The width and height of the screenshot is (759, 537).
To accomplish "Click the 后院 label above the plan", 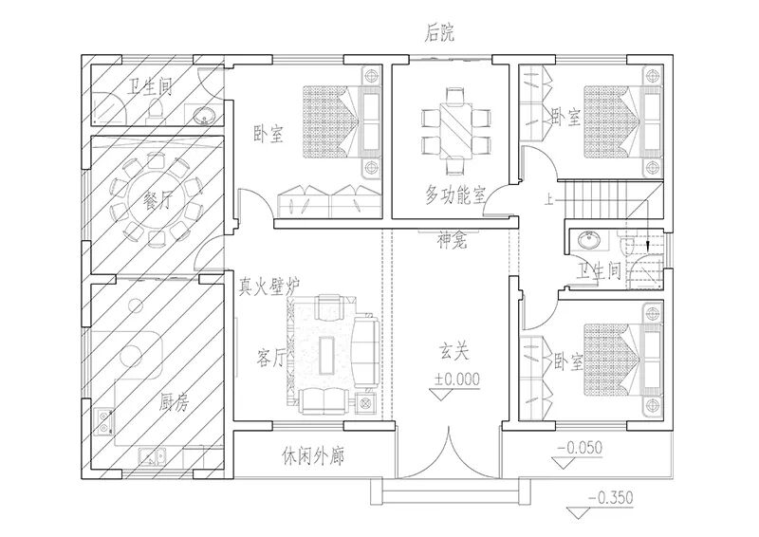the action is pyautogui.click(x=439, y=33).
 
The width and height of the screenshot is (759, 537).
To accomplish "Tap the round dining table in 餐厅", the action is pyautogui.click(x=156, y=199).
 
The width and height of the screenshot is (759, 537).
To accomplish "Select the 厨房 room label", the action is pyautogui.click(x=174, y=402).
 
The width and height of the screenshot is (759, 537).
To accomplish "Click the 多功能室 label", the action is pyautogui.click(x=455, y=194).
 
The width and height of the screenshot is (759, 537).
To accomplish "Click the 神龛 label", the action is pyautogui.click(x=453, y=240).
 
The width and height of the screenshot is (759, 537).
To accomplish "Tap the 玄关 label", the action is pyautogui.click(x=454, y=352).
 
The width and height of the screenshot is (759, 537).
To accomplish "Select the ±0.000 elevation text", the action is pyautogui.click(x=457, y=379).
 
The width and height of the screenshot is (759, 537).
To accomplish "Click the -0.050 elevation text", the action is pyautogui.click(x=580, y=448).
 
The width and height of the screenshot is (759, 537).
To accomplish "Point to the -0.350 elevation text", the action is pyautogui.click(x=611, y=497).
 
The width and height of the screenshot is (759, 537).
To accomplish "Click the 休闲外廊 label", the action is pyautogui.click(x=313, y=456).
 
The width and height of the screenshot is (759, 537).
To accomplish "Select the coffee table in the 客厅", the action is pyautogui.click(x=326, y=356).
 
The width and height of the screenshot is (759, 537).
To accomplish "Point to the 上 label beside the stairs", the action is pyautogui.click(x=548, y=199).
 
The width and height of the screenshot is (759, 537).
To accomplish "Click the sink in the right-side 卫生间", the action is pyautogui.click(x=588, y=240).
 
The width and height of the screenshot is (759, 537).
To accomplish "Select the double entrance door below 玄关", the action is pyautogui.click(x=450, y=453).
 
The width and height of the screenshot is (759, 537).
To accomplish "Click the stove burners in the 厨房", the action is pyautogui.click(x=103, y=421).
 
